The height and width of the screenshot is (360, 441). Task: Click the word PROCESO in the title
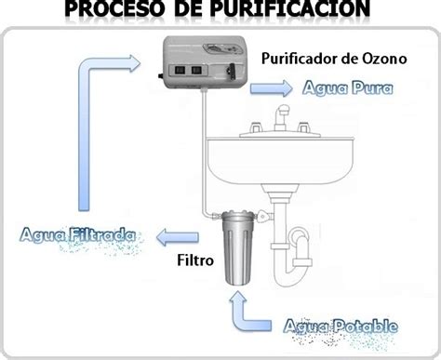[x=114, y=8]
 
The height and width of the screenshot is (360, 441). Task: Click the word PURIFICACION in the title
[x=290, y=8]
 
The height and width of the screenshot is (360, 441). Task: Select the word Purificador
[x=301, y=59]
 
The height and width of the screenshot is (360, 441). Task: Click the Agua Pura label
[x=348, y=87]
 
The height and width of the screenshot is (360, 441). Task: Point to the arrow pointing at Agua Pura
[x=271, y=88]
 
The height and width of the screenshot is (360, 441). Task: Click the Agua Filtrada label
[x=78, y=235]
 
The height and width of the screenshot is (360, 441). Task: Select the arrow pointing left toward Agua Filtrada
[x=178, y=238]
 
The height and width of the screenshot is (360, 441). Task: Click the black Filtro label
[x=195, y=260]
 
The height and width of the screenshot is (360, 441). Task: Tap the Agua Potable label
[x=341, y=327]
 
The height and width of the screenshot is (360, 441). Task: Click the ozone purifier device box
[x=205, y=62]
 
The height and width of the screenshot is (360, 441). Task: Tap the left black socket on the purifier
[x=180, y=70]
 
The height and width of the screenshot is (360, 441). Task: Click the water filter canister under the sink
[x=238, y=248]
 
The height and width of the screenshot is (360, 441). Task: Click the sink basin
[x=280, y=161]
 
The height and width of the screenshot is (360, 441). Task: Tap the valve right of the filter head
[x=264, y=215]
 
